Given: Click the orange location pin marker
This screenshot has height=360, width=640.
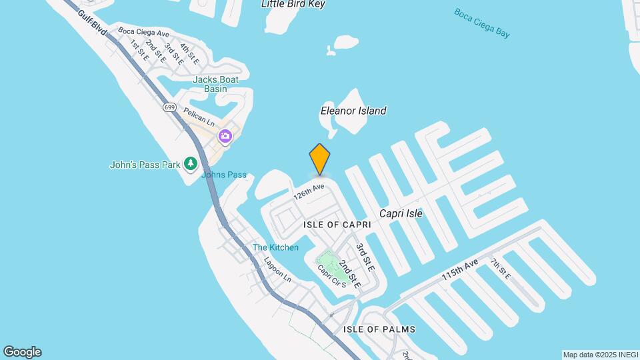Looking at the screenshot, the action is point(320,159).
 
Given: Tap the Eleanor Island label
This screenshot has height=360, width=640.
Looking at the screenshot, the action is point(353,111).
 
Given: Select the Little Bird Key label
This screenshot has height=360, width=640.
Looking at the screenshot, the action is point(293,4).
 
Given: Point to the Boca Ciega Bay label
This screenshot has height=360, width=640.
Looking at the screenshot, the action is point(481,23).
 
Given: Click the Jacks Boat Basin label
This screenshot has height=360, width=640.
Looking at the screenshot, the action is point(215,84).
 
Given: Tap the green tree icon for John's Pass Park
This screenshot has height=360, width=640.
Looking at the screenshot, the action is point(191,163).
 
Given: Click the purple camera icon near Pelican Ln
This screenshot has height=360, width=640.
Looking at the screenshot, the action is point(225,136).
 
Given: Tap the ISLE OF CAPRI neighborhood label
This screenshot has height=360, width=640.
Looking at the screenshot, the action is point(337,225).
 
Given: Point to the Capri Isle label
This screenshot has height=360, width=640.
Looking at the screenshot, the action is point(401,213).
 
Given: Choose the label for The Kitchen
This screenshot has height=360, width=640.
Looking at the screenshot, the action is point(275,248).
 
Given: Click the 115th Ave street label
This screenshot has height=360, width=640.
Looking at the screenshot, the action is point(460,270).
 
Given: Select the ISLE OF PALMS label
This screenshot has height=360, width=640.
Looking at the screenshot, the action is point(379,329).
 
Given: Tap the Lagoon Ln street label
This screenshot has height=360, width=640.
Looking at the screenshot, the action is point(278,270).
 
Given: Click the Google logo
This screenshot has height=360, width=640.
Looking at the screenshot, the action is point(22,351).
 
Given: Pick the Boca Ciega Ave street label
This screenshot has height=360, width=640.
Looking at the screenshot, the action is point(143,31).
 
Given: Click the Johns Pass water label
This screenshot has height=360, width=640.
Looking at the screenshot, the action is point(224,175).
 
